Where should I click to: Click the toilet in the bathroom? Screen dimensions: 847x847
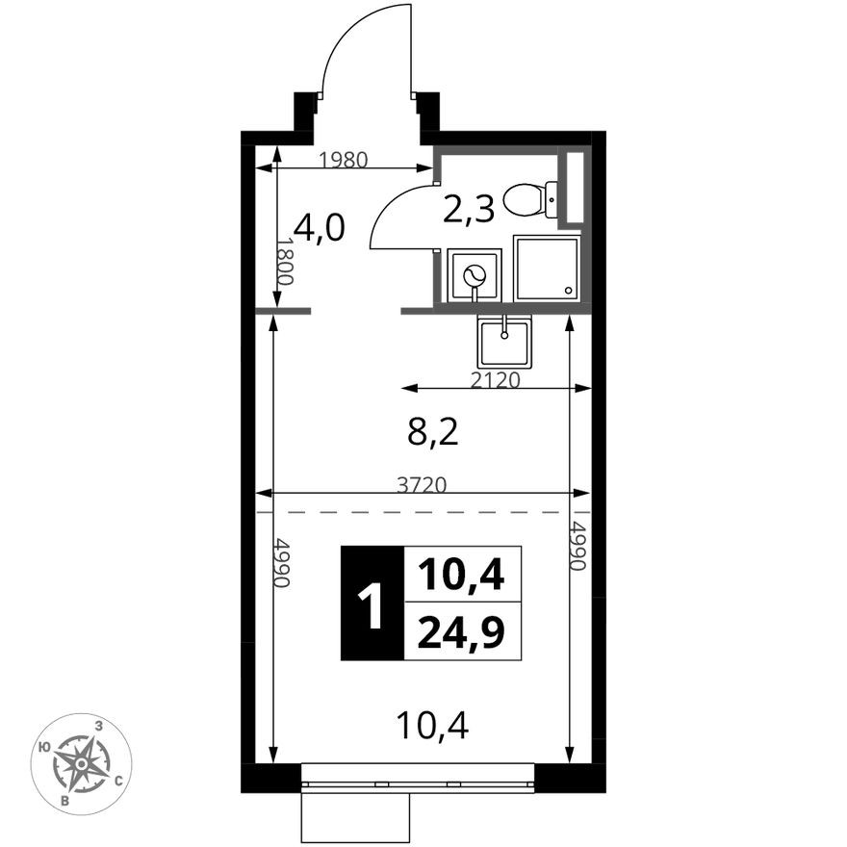[x=530, y=200]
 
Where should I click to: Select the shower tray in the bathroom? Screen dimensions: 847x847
[x=547, y=268]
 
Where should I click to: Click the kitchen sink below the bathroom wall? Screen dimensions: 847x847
[x=504, y=342]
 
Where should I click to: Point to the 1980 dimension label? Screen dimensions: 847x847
[x=343, y=160]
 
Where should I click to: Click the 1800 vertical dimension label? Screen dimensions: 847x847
[x=285, y=262]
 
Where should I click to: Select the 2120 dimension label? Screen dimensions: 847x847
[x=495, y=380]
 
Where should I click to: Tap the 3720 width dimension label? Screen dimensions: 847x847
[x=422, y=486]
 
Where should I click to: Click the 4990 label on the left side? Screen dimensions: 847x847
[x=283, y=562]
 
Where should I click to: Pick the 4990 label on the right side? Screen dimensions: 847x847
[x=578, y=546]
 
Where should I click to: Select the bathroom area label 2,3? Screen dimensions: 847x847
[x=469, y=210]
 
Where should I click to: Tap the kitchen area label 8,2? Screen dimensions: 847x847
[x=433, y=433]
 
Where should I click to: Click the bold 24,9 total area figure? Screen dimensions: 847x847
[x=461, y=632]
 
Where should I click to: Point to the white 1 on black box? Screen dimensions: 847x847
[x=372, y=603]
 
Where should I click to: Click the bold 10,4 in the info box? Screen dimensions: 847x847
[x=461, y=575]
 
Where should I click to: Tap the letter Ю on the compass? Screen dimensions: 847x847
[x=46, y=748]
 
